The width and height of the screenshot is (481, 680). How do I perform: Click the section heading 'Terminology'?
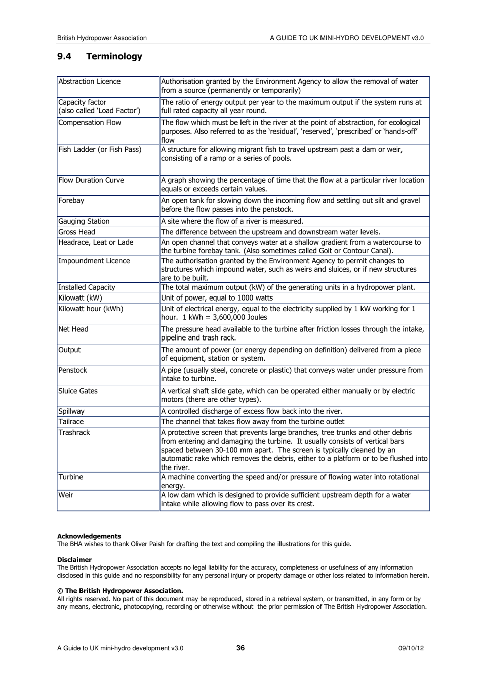point(114,56)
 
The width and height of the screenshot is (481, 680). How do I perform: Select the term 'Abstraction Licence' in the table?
point(89,81)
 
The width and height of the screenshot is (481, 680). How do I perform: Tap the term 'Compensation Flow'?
point(90,122)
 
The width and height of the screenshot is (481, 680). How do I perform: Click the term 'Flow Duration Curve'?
point(91,180)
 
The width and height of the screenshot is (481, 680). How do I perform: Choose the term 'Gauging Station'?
point(84,221)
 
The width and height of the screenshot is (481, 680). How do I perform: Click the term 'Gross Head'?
point(76,232)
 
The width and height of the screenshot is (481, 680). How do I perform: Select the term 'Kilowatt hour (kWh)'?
point(91,309)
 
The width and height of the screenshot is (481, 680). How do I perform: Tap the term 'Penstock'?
point(73,370)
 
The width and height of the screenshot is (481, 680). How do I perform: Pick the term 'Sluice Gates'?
point(78,391)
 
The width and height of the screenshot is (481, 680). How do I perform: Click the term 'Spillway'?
point(71,411)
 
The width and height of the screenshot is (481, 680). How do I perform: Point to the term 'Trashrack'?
point(74,432)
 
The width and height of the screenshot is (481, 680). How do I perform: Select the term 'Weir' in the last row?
point(66,495)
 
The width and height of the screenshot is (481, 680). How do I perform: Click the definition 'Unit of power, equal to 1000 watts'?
point(217,298)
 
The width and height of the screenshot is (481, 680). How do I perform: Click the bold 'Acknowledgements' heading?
point(89,536)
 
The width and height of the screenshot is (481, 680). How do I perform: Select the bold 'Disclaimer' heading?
point(74,560)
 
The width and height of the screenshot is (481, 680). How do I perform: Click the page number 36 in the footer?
point(240,648)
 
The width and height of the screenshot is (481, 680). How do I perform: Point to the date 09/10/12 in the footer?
point(411,648)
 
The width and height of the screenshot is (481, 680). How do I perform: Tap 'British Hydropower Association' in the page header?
point(102,38)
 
